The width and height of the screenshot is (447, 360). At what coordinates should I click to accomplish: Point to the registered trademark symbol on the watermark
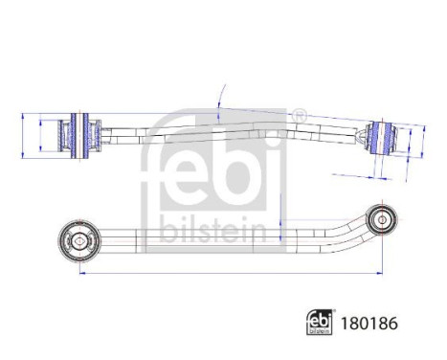[x=298, y=117]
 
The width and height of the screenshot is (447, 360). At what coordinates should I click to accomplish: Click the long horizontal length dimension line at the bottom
[x=230, y=274]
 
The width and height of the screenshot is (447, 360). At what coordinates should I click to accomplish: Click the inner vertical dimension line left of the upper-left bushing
[x=39, y=133]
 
